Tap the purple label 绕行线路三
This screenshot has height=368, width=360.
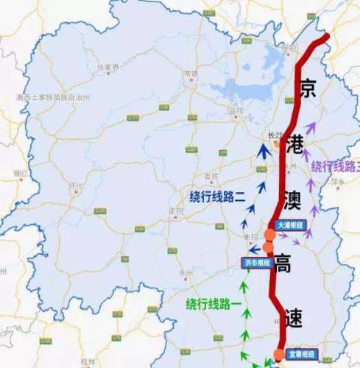[336, 166]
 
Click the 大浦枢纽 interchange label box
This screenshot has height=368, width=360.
[290, 225]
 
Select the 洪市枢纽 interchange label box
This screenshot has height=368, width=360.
[256, 261]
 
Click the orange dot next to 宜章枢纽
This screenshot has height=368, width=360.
[279, 356]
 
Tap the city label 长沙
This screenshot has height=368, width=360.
[275, 135]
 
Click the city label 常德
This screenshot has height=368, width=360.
[191, 74]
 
